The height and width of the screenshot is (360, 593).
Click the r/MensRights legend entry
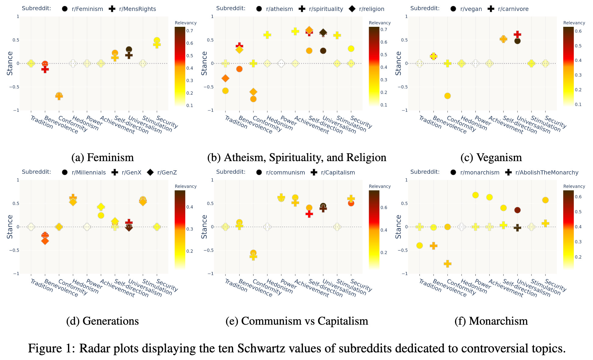[x=137, y=9]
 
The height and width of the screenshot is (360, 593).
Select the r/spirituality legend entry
[x=326, y=9]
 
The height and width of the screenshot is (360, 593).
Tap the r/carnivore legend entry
[x=513, y=9]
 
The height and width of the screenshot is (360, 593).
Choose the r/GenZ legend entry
[x=167, y=172]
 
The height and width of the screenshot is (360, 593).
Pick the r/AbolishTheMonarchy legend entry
[x=546, y=172]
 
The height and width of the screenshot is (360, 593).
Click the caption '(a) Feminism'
[x=102, y=157]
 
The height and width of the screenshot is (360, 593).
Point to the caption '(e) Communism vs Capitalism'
[x=297, y=321]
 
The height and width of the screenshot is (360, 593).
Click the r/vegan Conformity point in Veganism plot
[x=447, y=96]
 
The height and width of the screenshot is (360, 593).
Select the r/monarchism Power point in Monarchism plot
[x=475, y=195]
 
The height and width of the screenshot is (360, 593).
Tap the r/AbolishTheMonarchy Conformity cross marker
[x=447, y=264]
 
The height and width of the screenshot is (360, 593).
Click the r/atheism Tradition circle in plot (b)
[x=225, y=91]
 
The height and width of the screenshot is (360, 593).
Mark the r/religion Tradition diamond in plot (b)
[x=225, y=78]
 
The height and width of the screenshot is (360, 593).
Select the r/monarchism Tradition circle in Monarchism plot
[x=420, y=245]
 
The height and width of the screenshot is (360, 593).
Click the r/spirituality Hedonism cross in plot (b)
[x=267, y=35]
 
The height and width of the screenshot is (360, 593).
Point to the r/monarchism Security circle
[x=545, y=200]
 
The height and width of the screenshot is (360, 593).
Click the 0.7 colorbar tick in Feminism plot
[x=190, y=31]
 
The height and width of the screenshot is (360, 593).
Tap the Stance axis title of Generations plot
[x=10, y=227]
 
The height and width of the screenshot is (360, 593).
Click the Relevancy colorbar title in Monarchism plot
[x=574, y=186]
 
